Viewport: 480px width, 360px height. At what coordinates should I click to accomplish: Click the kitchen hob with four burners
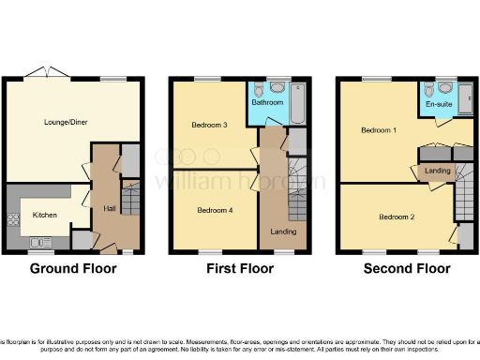click(15, 221)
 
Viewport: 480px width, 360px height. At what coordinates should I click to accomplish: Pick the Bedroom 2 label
click(396, 217)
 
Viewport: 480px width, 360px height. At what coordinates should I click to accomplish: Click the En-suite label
click(439, 105)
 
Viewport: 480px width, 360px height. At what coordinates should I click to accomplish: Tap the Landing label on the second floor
click(437, 171)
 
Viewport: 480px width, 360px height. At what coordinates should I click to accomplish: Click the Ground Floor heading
click(72, 269)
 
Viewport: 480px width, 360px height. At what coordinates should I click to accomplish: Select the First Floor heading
click(239, 269)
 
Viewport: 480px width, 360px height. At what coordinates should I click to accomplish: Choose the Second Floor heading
click(407, 269)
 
